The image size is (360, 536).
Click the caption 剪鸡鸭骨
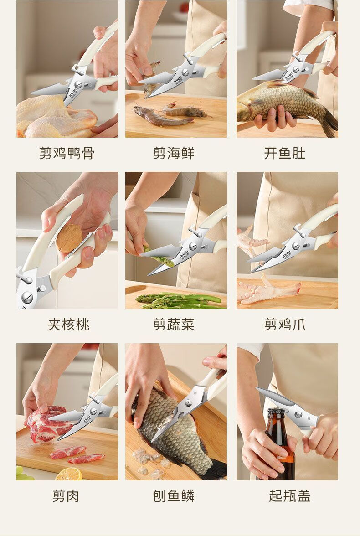pos(67,153)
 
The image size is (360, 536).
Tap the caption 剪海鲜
pos(174,153)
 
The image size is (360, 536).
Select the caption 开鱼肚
pos(285,153)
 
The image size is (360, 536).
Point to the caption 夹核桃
pos(69,325)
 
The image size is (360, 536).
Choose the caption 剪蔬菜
pos(174,325)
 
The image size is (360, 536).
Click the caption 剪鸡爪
pos(285,325)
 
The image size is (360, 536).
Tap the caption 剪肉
pos(66,496)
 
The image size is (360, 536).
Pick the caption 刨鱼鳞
pos(174,496)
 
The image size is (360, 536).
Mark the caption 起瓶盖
pos(289,496)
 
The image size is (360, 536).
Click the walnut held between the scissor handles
pos(69,238)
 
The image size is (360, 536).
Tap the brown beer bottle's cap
pos(276,411)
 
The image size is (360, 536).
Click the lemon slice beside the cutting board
pos(69,474)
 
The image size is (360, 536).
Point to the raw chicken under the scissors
pos(55,116)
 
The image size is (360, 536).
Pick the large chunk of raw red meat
pos(47,424)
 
